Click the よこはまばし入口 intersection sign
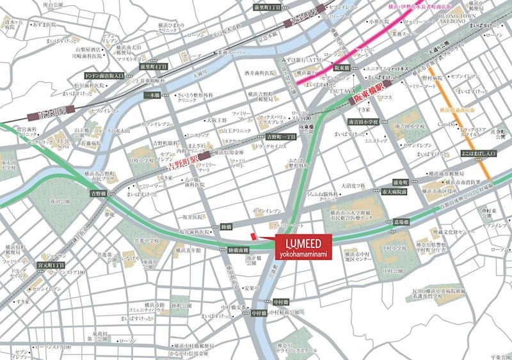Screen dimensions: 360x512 coord(478,154)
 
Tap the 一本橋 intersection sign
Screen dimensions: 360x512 coord(152,95)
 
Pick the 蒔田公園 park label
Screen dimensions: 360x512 coord(60,200)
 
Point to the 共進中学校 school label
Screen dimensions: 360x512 coord(147,240)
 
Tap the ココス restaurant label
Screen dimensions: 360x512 coord(385,98)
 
